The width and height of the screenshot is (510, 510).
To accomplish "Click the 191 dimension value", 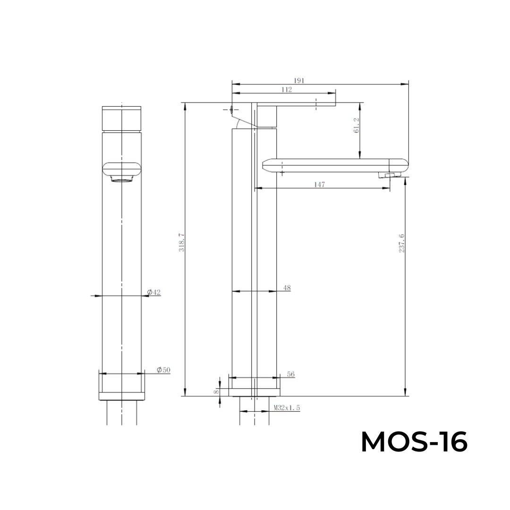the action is coord(299,81).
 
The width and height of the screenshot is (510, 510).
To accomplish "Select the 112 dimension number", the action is coord(287,89).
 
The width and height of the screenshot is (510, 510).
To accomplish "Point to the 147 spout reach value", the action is coord(319,185).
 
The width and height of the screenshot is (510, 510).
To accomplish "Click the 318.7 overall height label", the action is coord(181,242).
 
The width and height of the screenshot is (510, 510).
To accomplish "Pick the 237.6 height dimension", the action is coord(401,243).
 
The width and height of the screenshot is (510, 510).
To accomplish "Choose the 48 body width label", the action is coord(287,288).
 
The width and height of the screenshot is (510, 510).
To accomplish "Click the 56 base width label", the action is coord(291,374).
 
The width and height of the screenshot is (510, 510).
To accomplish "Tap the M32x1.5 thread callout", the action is coord(287,408).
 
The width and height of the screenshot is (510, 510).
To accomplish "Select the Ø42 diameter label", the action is coord(154,292).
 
